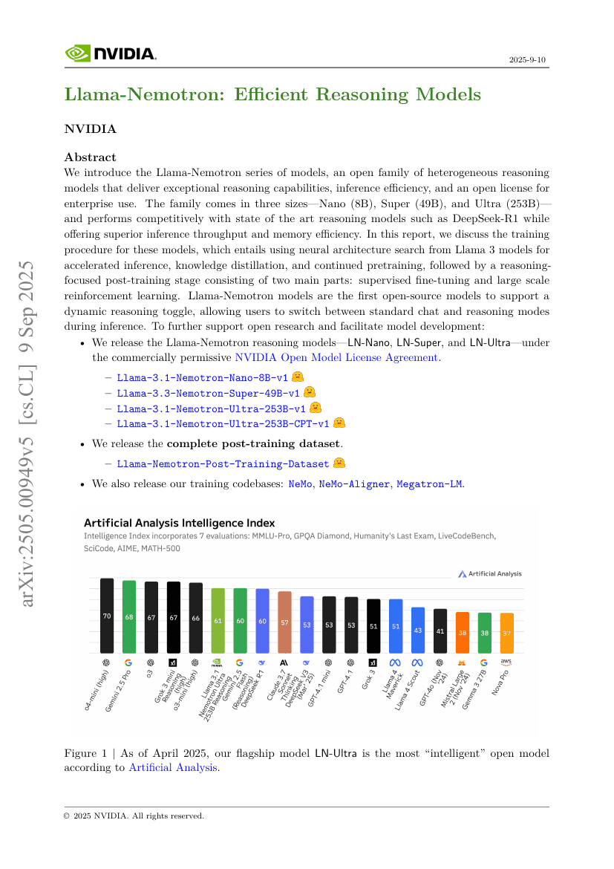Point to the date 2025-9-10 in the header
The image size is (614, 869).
[x=529, y=59]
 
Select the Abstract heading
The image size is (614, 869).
[x=90, y=157]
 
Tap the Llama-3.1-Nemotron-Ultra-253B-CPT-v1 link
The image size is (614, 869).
[x=223, y=423]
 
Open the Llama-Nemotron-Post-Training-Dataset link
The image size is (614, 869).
[x=223, y=463]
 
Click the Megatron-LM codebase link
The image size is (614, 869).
[x=430, y=484]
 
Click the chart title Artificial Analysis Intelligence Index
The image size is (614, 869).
[x=179, y=523]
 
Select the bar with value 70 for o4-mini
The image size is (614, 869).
[x=107, y=615]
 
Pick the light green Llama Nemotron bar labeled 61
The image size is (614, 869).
[x=218, y=620]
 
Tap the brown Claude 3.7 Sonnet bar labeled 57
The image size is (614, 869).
[x=284, y=622]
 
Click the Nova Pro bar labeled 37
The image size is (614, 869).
[x=507, y=633]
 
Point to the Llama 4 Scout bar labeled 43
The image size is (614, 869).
[x=418, y=630]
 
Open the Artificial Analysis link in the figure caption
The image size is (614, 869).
[x=173, y=767]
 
